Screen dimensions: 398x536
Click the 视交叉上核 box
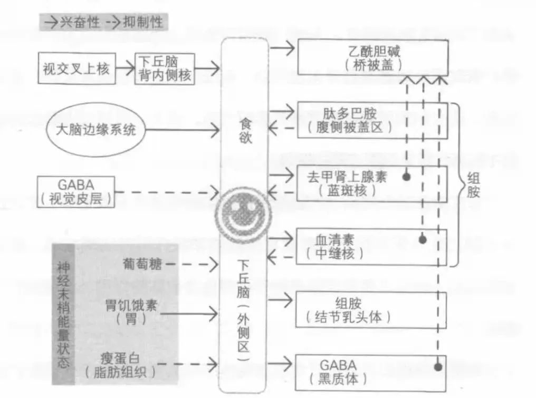[x=76, y=68]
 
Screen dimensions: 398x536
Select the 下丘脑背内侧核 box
[x=164, y=68]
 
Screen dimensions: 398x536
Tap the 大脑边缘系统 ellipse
[x=92, y=130]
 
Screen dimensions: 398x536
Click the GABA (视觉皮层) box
[x=76, y=192]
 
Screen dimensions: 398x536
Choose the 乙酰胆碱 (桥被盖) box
[x=374, y=58]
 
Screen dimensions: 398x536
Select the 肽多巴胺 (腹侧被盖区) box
[x=372, y=120]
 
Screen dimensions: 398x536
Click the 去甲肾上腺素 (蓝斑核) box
[x=372, y=183]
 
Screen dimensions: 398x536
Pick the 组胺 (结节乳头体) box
[x=372, y=309]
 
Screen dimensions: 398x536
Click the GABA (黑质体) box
[x=371, y=372]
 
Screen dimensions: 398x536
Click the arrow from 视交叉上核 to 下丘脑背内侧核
[x=125, y=68]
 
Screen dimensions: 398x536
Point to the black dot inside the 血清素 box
[x=422, y=240]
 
